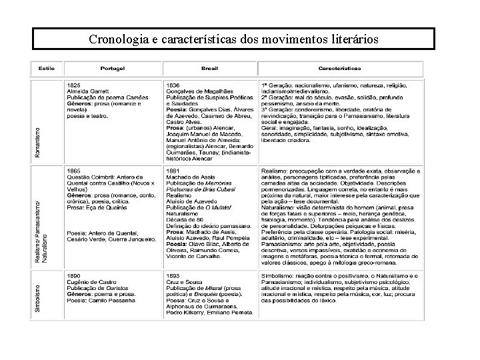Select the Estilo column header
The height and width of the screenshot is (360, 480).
47,68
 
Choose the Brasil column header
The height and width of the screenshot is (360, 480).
210,68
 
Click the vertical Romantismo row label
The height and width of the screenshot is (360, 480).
37,143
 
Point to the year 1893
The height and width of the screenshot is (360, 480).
173,275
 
